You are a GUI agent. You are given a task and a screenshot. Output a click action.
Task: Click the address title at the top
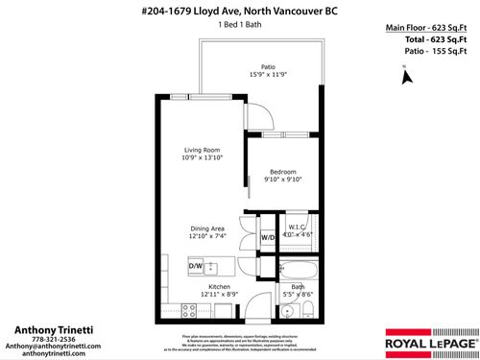[x=240, y=11]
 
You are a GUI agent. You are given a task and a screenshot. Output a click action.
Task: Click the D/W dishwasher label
[x=195, y=265]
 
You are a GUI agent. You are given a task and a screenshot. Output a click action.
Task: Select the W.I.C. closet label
[x=296, y=227]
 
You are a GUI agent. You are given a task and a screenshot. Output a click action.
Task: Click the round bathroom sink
[x=288, y=309]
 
